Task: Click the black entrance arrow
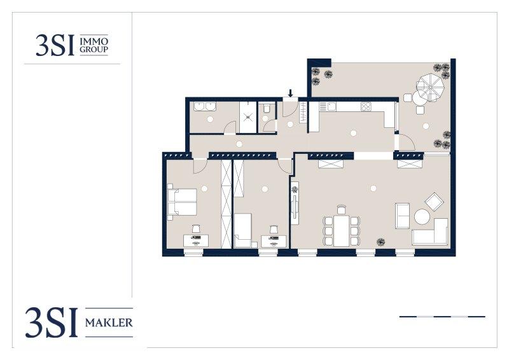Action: click(291, 93)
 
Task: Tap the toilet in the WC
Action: click(267, 108)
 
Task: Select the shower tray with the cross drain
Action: click(248, 117)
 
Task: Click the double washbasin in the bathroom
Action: click(204, 107)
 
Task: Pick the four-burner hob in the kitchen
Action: click(366, 106)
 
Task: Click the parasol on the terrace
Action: click(430, 87)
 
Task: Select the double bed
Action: click(183, 202)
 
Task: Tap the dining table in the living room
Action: click(342, 231)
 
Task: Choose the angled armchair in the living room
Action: click(434, 202)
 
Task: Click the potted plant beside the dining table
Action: click(380, 242)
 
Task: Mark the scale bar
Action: click(442, 317)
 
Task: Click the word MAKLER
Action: click(109, 322)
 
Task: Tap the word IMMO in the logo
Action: click(94, 41)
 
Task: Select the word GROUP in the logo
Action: click(94, 50)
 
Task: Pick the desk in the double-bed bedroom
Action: click(196, 241)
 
